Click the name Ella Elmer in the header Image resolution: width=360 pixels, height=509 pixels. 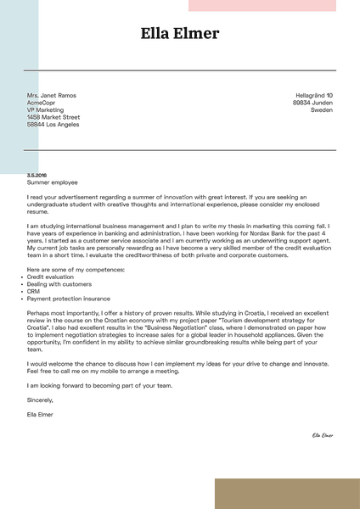pos(180,34)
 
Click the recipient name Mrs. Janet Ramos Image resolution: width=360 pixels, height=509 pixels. pos(51,95)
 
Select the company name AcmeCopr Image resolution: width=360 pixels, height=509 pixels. pos(41,103)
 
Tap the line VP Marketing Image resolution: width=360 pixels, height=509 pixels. pos(45,110)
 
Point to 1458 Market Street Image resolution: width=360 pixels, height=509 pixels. pos(53,117)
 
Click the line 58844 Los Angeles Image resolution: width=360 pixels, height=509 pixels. pos(53,125)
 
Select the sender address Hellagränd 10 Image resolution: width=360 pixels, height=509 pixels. pos(313,95)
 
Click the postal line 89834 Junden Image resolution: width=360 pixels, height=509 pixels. pos(312,103)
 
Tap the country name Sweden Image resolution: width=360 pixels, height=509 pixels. pos(322,110)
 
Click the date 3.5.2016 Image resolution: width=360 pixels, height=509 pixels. pos(37,175)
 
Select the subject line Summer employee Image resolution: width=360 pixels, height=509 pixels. pos(52,182)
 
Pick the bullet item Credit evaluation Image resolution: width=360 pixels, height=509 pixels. pos(50,277)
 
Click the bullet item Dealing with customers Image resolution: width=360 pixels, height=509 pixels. pos(59,284)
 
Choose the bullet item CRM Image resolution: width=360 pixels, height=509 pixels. pos(33,292)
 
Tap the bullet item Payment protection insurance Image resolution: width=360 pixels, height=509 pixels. pos(68,299)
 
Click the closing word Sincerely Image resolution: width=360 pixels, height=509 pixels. pos(40,399)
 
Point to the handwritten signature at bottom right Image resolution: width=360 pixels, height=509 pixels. pos(323,435)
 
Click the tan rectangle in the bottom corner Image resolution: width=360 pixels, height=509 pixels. pos(286,493)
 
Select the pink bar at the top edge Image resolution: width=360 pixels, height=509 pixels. pos(262,5)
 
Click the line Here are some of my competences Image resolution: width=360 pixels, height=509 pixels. pos(76,269)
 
